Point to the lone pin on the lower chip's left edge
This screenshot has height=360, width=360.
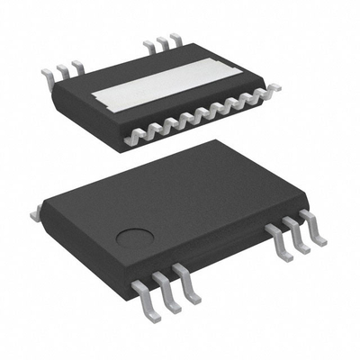tap(36, 213)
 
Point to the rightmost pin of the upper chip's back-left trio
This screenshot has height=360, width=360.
tap(77, 66)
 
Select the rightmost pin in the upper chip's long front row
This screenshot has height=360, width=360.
tap(272, 87)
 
